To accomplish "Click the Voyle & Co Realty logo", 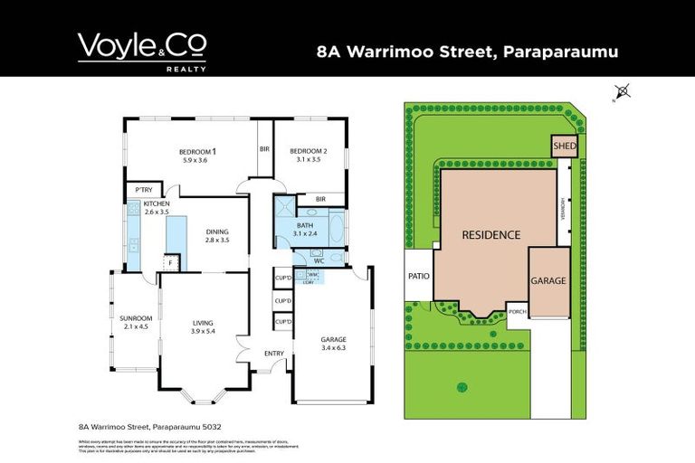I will tap(141, 51).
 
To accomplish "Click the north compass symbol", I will tap(622, 90).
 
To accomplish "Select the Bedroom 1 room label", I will tap(196, 151).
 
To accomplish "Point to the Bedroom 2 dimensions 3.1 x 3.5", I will tap(309, 159).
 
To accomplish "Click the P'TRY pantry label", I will tap(143, 189).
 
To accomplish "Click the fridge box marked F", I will tap(169, 263).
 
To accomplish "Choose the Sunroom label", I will tap(137, 318).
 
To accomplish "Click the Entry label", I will tap(274, 354).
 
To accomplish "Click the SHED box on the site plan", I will tap(564, 146).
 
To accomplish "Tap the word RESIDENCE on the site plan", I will tap(491, 235).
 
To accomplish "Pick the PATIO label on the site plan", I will tap(418, 277).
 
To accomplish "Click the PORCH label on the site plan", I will tap(518, 311).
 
